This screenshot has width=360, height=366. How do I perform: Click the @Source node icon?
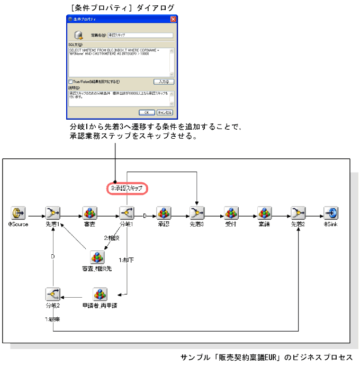[19, 213]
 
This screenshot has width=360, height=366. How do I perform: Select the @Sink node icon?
[331, 213]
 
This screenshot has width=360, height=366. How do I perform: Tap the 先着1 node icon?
[52, 213]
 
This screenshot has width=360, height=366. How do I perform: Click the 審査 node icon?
[89, 213]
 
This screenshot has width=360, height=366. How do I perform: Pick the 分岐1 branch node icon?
[127, 213]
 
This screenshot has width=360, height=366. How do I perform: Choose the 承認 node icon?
[164, 213]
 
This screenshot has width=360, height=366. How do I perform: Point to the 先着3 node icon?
[197, 213]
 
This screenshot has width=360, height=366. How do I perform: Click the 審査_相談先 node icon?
[97, 257]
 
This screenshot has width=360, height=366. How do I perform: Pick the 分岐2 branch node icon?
[52, 294]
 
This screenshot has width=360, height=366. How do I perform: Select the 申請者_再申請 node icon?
[100, 294]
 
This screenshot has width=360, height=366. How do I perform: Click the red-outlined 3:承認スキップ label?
[127, 188]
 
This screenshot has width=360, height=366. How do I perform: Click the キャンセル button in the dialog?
[164, 112]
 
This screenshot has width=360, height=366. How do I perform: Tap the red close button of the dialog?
[173, 19]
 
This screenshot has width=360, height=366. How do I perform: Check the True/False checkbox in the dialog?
[70, 82]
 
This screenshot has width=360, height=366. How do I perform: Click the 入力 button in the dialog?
[163, 82]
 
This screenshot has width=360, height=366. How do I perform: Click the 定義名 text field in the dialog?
[140, 35]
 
